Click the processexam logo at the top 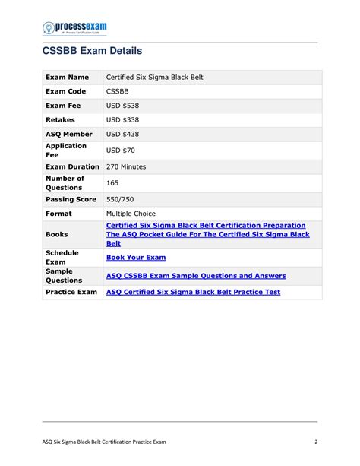click(x=74, y=28)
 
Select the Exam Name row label click(x=67, y=78)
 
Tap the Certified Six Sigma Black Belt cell click(x=155, y=78)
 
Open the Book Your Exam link click(x=137, y=258)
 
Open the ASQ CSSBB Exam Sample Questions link click(x=196, y=275)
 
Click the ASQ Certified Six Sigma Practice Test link click(x=193, y=292)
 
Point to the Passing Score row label click(x=71, y=199)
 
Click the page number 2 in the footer click(x=314, y=442)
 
